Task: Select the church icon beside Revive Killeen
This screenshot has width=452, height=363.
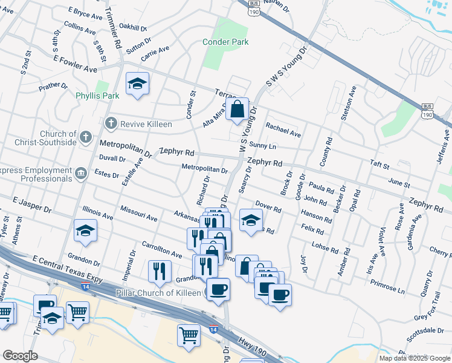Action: [111, 123]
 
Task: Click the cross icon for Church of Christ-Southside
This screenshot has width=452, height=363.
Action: [86, 137]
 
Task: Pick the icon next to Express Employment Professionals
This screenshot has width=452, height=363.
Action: [80, 175]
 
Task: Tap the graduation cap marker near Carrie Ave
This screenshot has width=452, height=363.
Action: [138, 85]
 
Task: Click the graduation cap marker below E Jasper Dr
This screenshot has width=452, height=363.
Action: [86, 231]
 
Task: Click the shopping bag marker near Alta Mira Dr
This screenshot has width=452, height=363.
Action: [239, 110]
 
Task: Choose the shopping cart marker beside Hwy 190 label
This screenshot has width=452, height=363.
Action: [189, 334]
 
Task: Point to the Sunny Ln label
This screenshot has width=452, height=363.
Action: [263, 146]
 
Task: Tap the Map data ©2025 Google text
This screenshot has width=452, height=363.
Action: [415, 358]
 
